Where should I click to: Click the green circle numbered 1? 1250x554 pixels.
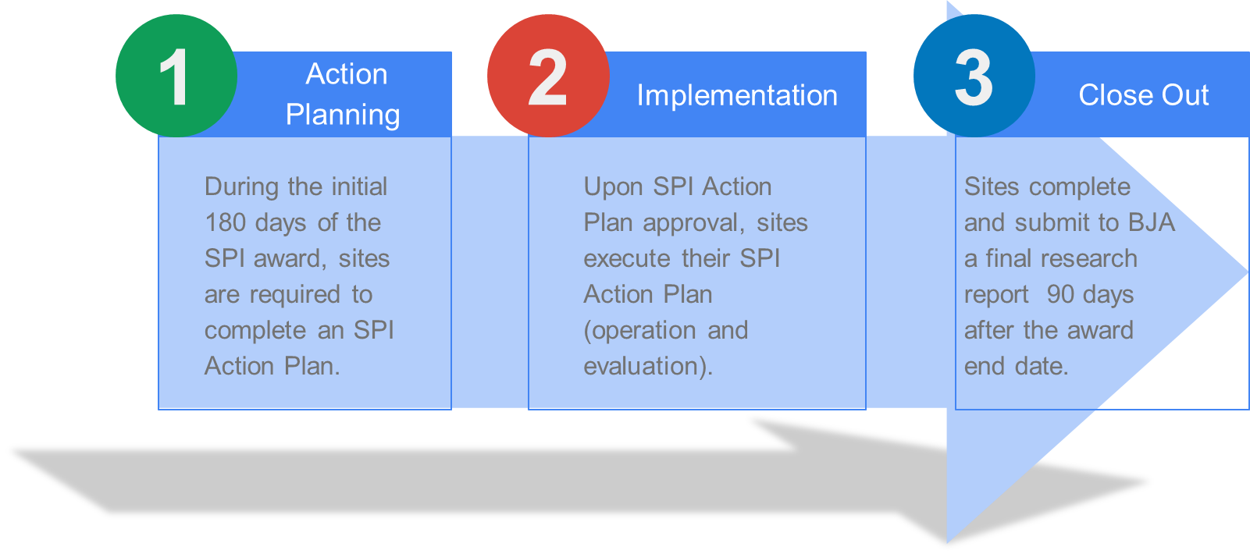[x=176, y=76]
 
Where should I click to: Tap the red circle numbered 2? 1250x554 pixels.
[x=549, y=76]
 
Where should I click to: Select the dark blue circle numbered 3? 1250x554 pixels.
[x=974, y=76]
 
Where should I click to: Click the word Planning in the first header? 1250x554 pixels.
[x=343, y=115]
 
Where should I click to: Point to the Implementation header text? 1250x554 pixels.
[x=737, y=95]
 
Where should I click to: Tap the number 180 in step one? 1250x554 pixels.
[x=226, y=222]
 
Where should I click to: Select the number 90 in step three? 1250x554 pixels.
[x=1060, y=294]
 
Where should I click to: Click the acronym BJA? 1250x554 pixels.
[x=1152, y=222]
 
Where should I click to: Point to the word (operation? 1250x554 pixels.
[x=639, y=331]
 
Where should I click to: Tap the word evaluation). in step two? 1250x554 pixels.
[x=648, y=367]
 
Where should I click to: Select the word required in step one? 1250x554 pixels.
[x=294, y=295]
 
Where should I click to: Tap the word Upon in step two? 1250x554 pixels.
[x=613, y=187]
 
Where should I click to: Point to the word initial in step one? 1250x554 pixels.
[x=359, y=186]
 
